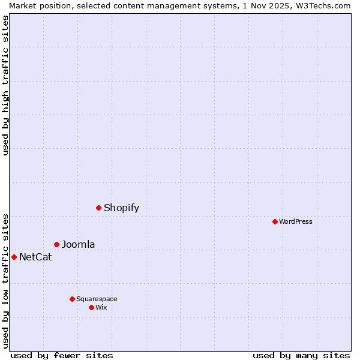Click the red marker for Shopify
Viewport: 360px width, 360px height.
tap(98, 208)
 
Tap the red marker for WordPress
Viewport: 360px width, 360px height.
tap(275, 221)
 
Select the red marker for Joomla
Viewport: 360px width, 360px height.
tap(56, 244)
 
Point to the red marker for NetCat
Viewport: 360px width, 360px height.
tap(14, 257)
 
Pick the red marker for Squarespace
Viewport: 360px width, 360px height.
tap(72, 299)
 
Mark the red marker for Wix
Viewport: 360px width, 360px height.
tap(91, 307)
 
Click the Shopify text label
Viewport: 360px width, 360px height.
tap(121, 208)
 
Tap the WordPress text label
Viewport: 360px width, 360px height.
tap(296, 221)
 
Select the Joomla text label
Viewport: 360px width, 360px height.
tap(78, 244)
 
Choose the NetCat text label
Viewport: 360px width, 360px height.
tap(35, 257)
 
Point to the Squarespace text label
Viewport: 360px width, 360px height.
tap(97, 299)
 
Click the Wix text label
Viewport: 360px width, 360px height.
tap(101, 307)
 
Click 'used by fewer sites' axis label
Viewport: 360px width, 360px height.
tap(62, 355)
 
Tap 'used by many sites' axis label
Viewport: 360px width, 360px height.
tap(301, 355)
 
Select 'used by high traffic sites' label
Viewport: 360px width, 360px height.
tap(5, 85)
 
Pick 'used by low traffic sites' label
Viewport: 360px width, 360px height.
tap(5, 280)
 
